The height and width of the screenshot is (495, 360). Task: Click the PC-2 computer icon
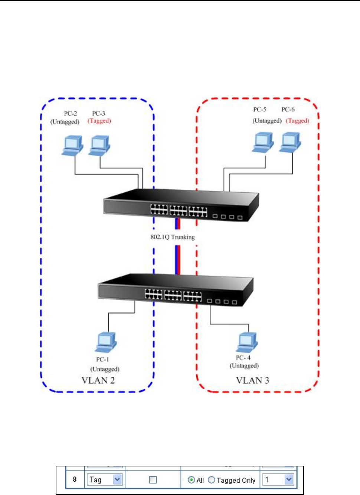click(x=72, y=145)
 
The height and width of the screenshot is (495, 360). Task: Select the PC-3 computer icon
click(x=99, y=145)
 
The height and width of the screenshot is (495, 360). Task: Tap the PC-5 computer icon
click(x=263, y=142)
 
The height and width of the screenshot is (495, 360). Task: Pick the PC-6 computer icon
click(x=290, y=142)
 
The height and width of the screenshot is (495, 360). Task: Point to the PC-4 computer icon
click(x=247, y=342)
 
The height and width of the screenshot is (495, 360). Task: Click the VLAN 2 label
click(x=98, y=380)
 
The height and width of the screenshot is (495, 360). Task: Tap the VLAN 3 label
click(x=252, y=380)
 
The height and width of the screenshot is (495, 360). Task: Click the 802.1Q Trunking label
click(x=173, y=237)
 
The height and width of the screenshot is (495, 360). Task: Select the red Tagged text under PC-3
click(x=99, y=121)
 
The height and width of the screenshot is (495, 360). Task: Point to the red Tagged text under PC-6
click(x=297, y=121)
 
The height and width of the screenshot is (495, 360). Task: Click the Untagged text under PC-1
click(x=105, y=369)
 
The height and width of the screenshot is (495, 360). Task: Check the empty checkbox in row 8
click(x=153, y=480)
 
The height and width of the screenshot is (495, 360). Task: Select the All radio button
click(x=192, y=480)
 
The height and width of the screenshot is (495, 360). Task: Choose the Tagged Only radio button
click(x=212, y=480)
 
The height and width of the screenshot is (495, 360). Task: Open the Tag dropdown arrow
click(x=117, y=480)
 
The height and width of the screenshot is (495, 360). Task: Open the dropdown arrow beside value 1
click(x=289, y=480)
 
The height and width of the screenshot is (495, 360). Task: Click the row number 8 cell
click(x=75, y=479)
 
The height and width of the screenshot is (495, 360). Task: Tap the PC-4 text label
click(x=243, y=358)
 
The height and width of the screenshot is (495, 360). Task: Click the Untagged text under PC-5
click(x=267, y=121)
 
